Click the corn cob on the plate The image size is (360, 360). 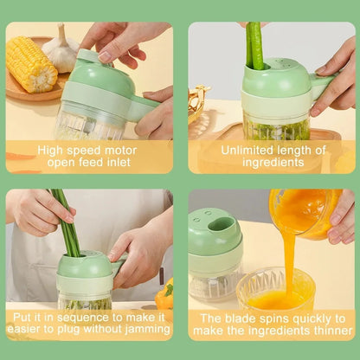pyautogui.click(x=32, y=63)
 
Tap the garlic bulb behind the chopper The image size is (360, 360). pyautogui.click(x=61, y=50)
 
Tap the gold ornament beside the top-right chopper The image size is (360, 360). pyautogui.click(x=198, y=102)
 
